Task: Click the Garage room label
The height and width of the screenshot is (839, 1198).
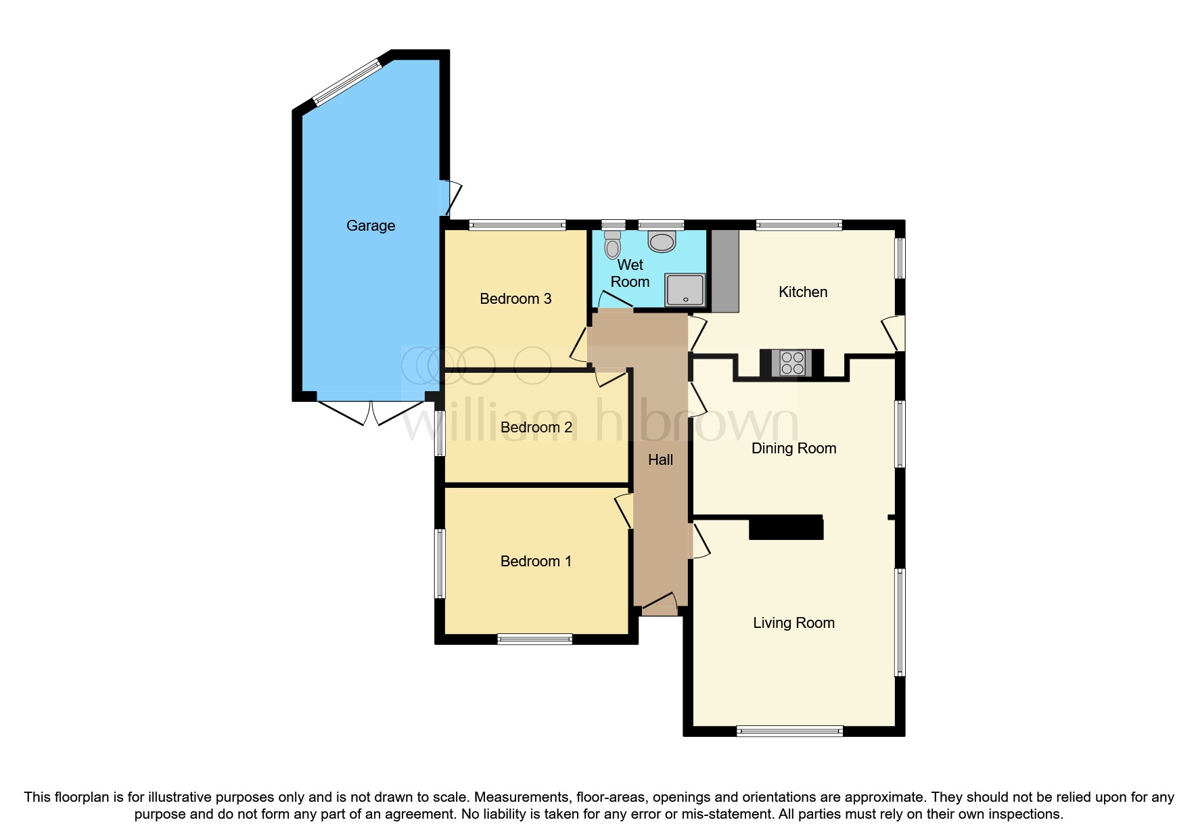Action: click(371, 226)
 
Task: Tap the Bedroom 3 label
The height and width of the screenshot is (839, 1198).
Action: click(515, 299)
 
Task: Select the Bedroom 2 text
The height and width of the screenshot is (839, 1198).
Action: click(536, 428)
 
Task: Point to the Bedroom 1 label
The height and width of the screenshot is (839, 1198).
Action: click(536, 562)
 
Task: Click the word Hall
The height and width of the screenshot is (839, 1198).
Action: click(660, 460)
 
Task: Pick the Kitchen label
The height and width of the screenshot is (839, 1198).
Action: click(803, 292)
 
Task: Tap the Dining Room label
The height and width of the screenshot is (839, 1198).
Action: click(793, 449)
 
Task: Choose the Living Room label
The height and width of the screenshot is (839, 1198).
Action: click(793, 623)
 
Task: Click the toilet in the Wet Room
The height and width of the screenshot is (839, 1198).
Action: click(612, 244)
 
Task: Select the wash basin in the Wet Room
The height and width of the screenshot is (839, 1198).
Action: click(662, 241)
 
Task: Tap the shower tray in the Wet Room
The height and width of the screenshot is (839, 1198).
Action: click(685, 290)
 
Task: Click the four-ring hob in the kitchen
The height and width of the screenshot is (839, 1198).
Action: click(792, 363)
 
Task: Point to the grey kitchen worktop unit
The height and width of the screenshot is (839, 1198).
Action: click(724, 271)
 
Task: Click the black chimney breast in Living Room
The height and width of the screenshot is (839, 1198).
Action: click(786, 527)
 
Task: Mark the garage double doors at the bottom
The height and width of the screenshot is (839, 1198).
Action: click(371, 411)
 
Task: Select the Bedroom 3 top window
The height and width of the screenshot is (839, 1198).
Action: click(517, 225)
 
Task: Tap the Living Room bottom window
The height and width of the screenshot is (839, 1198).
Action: click(789, 731)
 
